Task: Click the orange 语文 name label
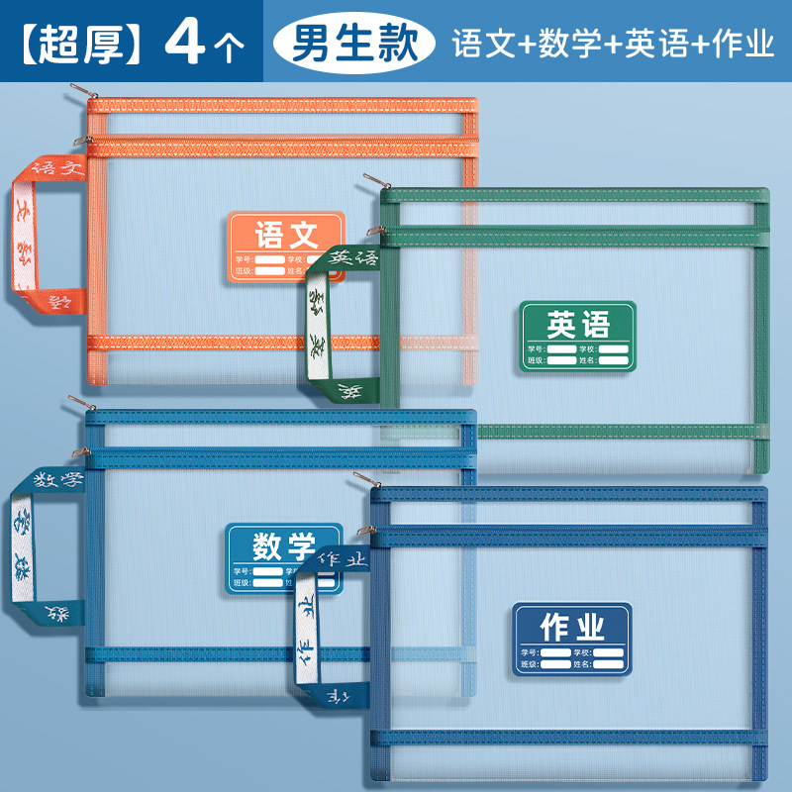286,246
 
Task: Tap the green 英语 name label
578,337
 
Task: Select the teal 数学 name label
284,558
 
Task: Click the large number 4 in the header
186,44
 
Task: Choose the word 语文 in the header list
479,44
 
